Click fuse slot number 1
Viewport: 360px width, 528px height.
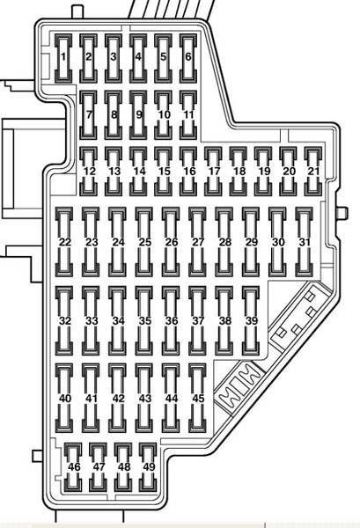pos(63,58)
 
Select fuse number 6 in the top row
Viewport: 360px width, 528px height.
pos(188,58)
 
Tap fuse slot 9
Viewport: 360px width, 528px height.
pos(138,115)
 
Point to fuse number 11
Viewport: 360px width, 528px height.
pos(188,115)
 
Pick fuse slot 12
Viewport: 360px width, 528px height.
pos(89,172)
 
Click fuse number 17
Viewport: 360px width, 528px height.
pos(213,172)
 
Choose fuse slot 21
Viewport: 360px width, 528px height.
pos(313,172)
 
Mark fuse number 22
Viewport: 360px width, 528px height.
pos(64,242)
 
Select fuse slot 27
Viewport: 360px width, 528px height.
pos(197,242)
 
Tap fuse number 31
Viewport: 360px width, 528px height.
pos(304,242)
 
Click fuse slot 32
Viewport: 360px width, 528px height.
pos(64,321)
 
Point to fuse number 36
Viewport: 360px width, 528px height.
pos(171,321)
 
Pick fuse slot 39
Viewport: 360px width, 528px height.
pos(251,321)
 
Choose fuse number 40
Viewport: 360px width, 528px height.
pos(64,399)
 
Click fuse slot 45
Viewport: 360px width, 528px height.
pos(197,399)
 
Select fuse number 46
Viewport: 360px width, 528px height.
pos(73,467)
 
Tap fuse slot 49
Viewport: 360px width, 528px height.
pos(148,467)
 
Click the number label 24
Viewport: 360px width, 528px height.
pos(118,242)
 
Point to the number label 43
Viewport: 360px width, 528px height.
pos(145,399)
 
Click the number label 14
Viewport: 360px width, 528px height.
pos(139,171)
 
